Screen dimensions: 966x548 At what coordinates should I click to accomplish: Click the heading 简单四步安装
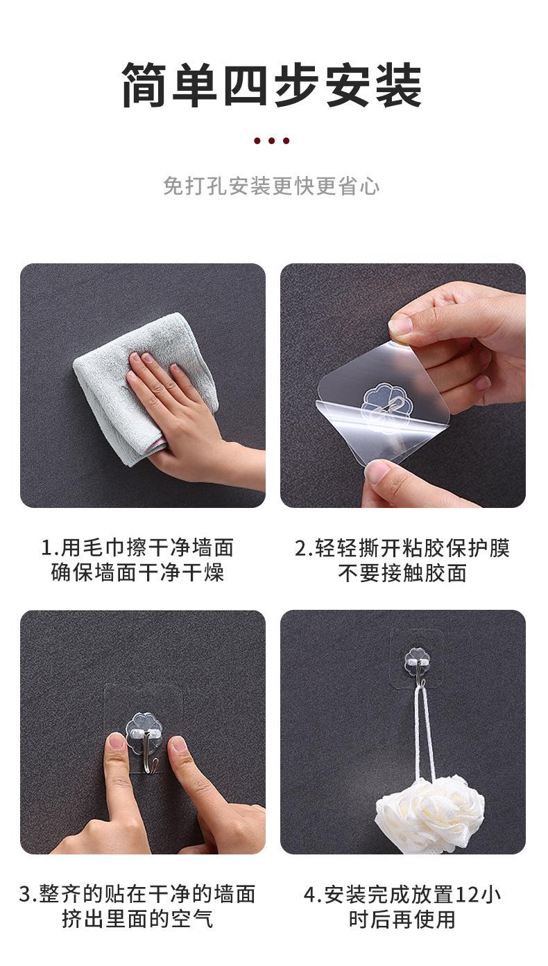(x=273, y=85)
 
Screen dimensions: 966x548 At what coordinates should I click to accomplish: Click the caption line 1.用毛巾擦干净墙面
(x=137, y=547)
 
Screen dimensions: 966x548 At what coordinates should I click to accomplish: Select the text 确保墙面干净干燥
(x=137, y=573)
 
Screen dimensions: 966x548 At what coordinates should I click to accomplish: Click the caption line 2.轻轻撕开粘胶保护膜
(x=402, y=547)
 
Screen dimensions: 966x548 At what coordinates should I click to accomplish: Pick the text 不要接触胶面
(x=402, y=573)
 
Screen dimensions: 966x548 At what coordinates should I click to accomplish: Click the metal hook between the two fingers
(x=144, y=748)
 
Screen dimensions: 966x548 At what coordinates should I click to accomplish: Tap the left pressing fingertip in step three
(x=117, y=745)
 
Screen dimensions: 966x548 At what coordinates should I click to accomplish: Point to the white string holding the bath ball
(x=425, y=728)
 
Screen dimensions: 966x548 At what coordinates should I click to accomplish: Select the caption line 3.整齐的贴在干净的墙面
(x=137, y=894)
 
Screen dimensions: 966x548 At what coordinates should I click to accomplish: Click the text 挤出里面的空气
(x=137, y=920)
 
